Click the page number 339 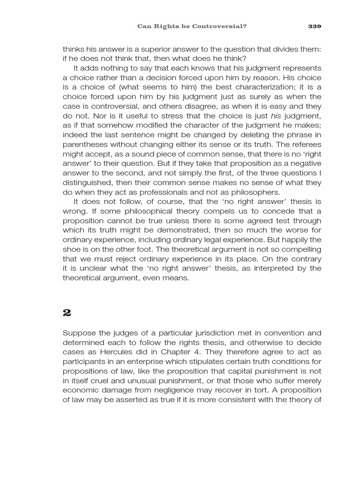315,26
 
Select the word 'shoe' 71,250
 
